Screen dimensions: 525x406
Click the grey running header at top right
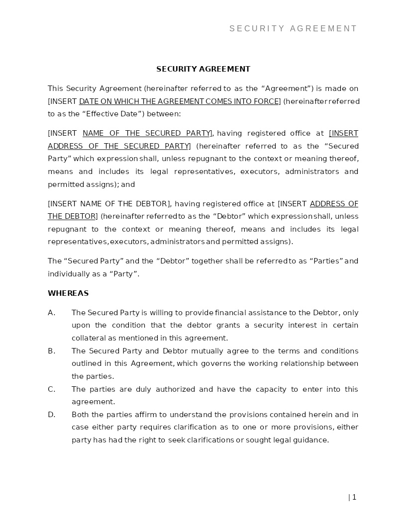(x=293, y=29)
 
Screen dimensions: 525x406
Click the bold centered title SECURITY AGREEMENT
(x=203, y=69)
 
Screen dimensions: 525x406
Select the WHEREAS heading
(x=68, y=293)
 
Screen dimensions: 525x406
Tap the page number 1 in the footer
(x=354, y=497)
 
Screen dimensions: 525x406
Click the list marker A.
(x=51, y=313)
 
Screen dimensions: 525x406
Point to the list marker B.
(x=51, y=351)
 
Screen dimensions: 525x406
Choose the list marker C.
(x=51, y=389)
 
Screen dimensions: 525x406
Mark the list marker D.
(x=51, y=415)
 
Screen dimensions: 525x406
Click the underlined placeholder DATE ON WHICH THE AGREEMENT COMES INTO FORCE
(x=179, y=101)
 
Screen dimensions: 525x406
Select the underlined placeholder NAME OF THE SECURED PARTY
(x=147, y=133)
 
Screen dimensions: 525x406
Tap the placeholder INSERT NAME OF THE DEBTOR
(x=109, y=204)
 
